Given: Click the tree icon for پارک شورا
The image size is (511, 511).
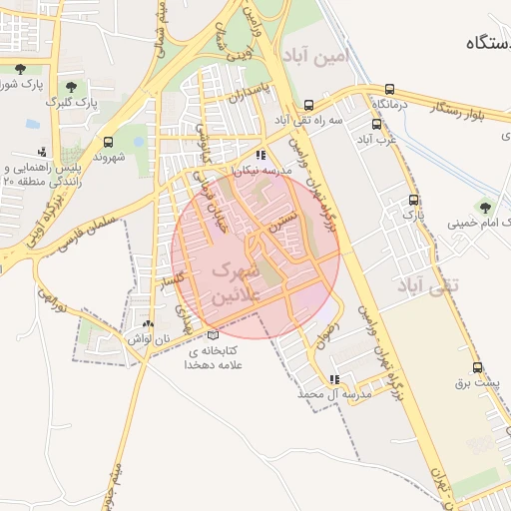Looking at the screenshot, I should [x=21, y=69].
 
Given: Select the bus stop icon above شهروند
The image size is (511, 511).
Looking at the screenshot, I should [x=108, y=142].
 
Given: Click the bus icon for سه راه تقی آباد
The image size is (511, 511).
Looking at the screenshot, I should [x=309, y=104].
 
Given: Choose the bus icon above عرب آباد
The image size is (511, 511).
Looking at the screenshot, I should [x=376, y=125].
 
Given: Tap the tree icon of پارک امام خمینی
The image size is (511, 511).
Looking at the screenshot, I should [x=485, y=208].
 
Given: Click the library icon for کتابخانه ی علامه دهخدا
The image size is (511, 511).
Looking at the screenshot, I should [x=213, y=335].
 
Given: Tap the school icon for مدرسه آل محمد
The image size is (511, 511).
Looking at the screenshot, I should [x=333, y=379].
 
